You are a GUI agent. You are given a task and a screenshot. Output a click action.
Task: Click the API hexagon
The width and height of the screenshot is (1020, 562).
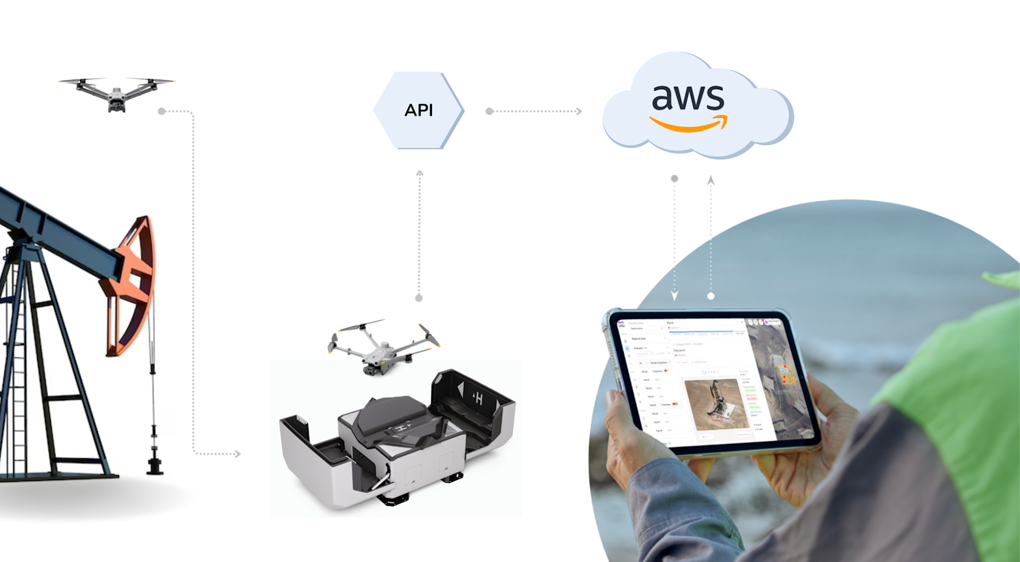click(x=419, y=110)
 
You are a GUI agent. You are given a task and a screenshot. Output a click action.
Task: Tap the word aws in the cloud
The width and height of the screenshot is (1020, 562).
click(x=688, y=98)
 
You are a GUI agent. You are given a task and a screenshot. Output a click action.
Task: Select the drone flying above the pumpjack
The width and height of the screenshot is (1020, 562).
click(x=117, y=93)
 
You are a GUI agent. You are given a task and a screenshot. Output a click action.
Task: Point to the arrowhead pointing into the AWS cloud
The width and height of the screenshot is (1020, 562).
click(x=579, y=112)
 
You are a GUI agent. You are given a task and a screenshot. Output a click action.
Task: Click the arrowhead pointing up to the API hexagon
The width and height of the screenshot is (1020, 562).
click(x=420, y=173)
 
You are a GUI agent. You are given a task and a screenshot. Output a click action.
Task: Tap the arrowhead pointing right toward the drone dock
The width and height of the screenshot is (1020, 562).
click(x=237, y=454)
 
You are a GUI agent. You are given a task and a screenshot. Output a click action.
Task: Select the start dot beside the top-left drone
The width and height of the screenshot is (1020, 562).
click(x=162, y=111)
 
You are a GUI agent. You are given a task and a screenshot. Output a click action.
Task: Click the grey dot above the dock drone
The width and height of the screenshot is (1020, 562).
click(x=419, y=298)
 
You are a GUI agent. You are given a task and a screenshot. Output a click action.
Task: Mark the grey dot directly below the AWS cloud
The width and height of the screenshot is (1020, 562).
click(x=675, y=179)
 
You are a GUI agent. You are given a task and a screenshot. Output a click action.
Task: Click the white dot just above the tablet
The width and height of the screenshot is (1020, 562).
click(x=711, y=296)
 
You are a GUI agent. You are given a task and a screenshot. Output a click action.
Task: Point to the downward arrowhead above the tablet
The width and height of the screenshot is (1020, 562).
click(x=675, y=295)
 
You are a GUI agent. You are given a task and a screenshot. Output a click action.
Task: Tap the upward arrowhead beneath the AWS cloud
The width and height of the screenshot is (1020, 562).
click(x=711, y=181)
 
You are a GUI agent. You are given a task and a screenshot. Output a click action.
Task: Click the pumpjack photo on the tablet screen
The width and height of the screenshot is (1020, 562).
click(x=715, y=404)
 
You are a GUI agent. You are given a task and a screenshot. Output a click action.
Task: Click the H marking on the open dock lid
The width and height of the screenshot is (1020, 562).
click(x=479, y=398)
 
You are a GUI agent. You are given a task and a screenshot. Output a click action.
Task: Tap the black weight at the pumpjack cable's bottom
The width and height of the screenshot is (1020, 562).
click(x=155, y=464)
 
